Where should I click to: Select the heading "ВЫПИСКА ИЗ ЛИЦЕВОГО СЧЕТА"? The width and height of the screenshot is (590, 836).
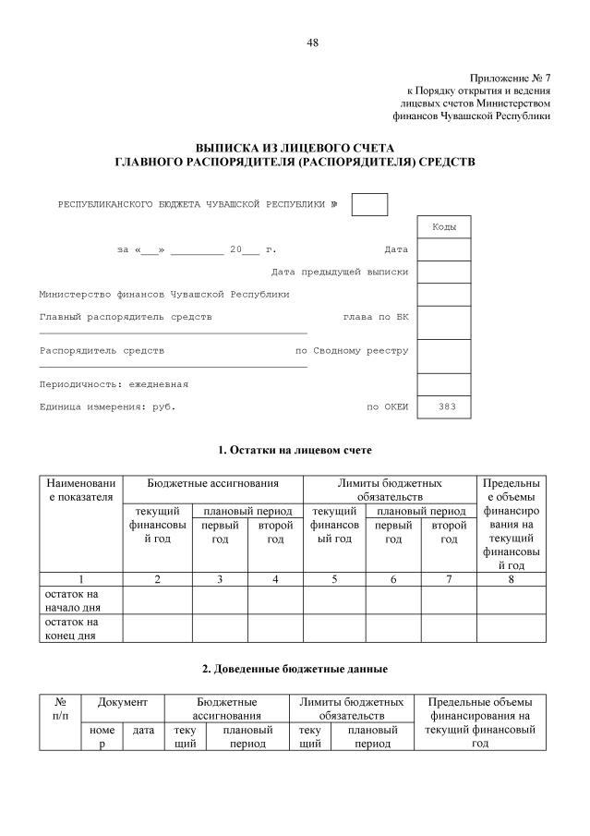click(295, 148)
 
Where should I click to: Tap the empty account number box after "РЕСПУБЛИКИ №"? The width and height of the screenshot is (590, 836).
click(369, 204)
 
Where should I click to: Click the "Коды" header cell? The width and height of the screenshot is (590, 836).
click(443, 226)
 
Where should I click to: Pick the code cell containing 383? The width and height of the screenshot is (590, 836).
click(443, 406)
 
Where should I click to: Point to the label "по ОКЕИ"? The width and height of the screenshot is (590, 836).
click(387, 406)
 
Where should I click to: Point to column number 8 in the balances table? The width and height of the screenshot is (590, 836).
click(511, 579)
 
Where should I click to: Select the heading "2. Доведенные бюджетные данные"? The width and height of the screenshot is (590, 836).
click(295, 668)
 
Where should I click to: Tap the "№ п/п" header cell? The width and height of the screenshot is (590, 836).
click(60, 709)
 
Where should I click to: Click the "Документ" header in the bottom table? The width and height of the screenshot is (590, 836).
click(123, 703)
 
